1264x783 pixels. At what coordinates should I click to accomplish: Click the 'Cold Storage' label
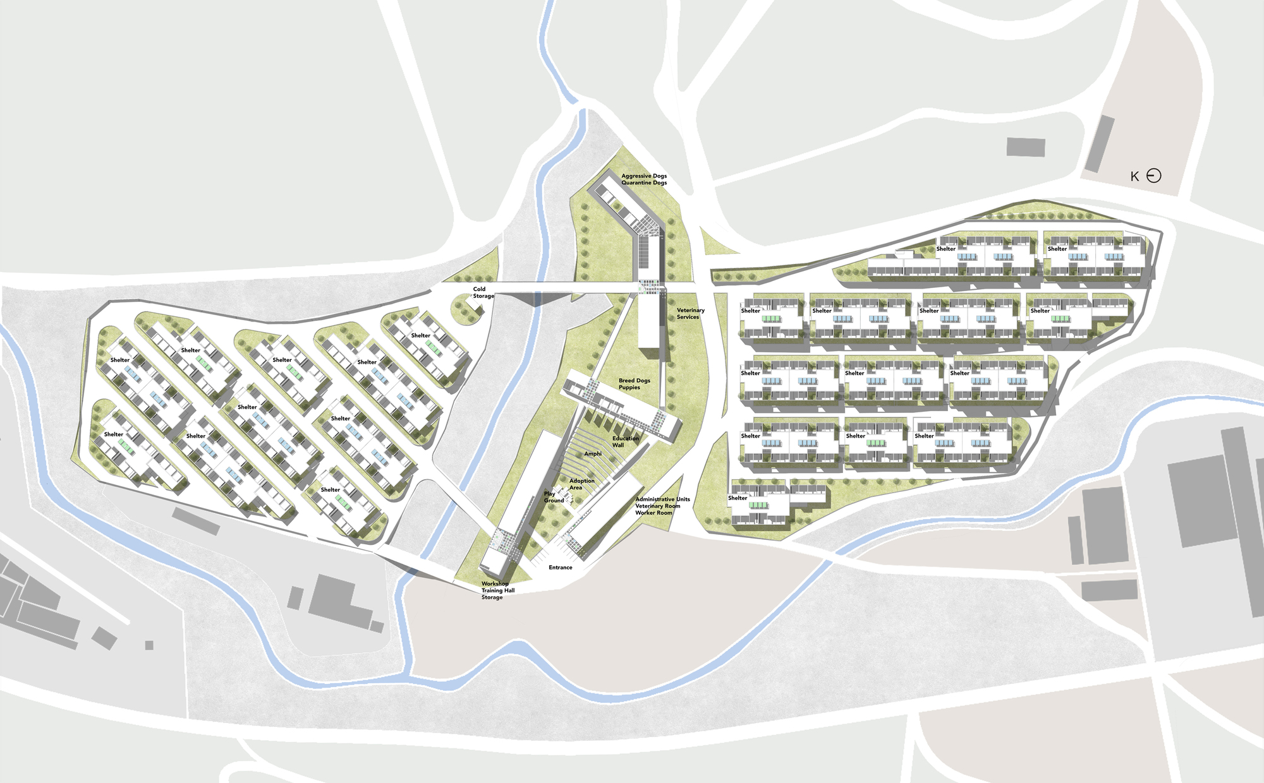483,292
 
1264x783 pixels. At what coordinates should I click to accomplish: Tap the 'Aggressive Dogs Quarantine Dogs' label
643,179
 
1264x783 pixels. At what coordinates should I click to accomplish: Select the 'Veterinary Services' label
690,313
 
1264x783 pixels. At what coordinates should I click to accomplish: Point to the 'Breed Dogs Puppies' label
634,384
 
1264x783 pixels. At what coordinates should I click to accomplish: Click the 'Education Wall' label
625,441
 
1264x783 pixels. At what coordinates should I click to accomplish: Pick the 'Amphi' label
592,454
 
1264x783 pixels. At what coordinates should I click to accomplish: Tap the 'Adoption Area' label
581,484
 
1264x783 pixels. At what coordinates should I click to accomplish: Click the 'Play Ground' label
554,497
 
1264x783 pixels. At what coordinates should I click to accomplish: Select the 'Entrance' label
560,568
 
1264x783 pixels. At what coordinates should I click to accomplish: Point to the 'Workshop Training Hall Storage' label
497,590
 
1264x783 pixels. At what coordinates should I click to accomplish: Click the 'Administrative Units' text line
662,499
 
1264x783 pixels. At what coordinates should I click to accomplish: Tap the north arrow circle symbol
1153,176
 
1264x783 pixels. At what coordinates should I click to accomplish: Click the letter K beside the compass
1134,177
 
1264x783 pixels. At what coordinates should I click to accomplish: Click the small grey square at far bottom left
149,645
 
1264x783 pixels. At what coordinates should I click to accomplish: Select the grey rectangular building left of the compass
1025,147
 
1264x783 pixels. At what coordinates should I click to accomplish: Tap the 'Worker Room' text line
653,513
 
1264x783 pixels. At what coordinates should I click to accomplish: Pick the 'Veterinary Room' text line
657,506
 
